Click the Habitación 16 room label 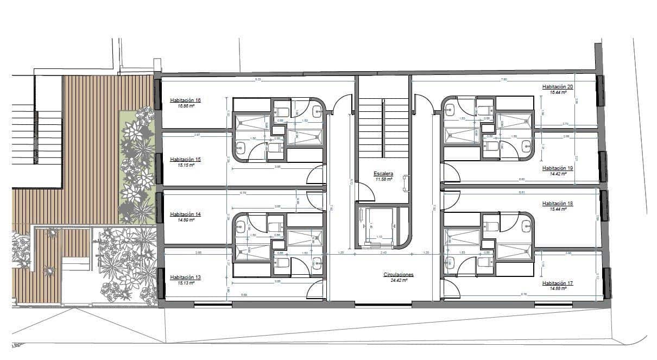[185, 100]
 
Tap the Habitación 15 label [185, 160]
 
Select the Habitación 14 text [185, 214]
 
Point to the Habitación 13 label [185, 277]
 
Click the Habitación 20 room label [558, 87]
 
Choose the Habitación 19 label [558, 168]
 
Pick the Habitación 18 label [558, 204]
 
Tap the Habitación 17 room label [558, 283]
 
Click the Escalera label [383, 174]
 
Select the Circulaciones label [398, 275]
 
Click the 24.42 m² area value [398, 280]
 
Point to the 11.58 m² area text [383, 179]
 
